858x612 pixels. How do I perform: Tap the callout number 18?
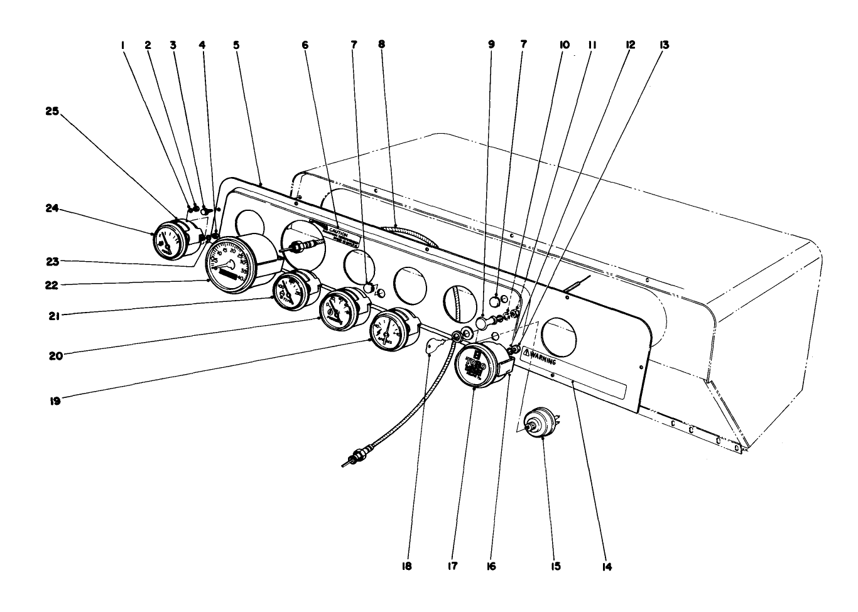(407, 566)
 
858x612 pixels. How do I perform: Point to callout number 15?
(555, 566)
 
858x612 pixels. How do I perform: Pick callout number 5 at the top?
(236, 45)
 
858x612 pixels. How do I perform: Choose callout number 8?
(381, 45)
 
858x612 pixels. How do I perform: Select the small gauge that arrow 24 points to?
(168, 239)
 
